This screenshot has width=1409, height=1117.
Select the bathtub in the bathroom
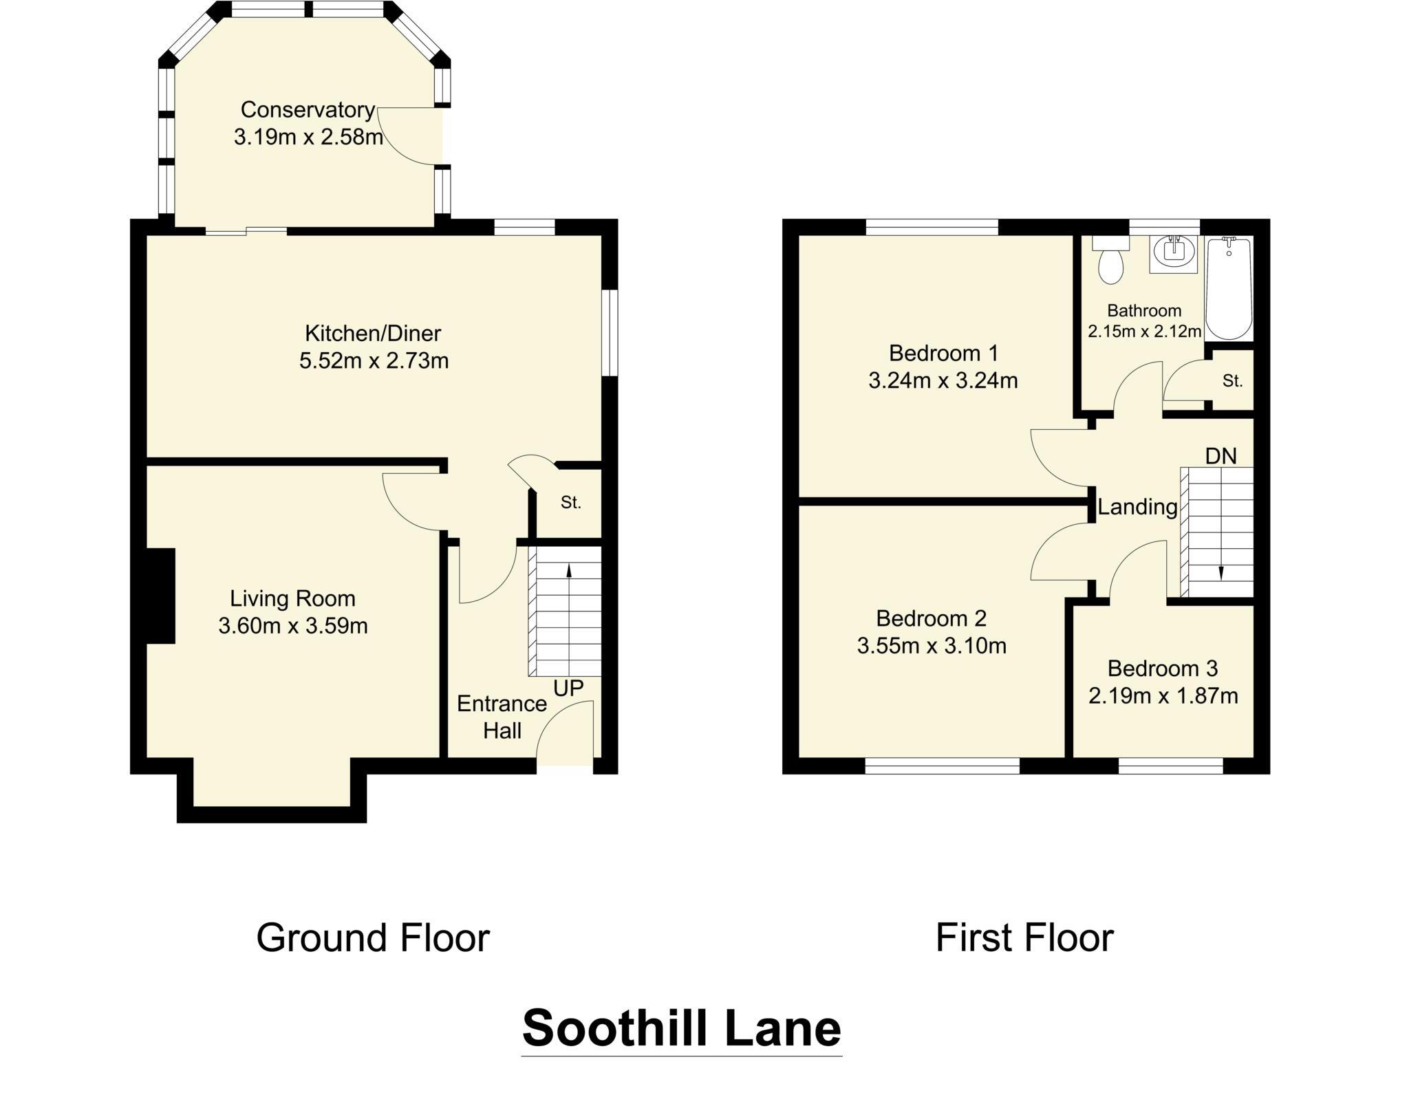pos(1228,289)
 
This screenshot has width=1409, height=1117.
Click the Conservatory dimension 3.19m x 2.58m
pos(308,137)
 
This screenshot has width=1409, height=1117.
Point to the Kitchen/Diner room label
pos(373,334)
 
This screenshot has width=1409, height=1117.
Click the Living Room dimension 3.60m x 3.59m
pos(293,626)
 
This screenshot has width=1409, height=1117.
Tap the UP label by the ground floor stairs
pos(568,688)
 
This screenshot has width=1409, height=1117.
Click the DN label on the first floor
pos(1220,456)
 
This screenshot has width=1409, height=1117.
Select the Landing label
pos(1137,507)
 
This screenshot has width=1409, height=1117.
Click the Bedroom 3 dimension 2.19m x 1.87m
pos(1163,696)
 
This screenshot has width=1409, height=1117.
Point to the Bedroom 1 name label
pos(943,354)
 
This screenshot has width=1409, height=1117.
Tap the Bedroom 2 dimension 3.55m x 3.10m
pos(932,646)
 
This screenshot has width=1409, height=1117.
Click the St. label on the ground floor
pos(570,503)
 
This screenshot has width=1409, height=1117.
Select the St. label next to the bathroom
pos(1232,380)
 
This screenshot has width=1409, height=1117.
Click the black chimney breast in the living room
pos(160,596)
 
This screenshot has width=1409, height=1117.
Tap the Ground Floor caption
pos(373,937)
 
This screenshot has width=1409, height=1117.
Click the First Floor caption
pos(1024,937)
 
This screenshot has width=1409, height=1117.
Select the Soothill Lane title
pos(681,1028)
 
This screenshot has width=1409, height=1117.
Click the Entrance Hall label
pos(502,717)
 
